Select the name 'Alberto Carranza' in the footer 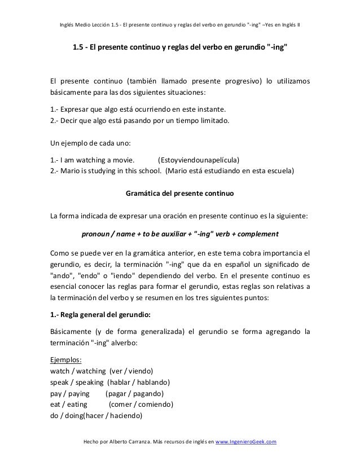click(122, 442)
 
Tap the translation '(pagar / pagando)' click(135, 393)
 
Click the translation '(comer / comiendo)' click(141, 405)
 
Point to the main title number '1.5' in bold click(80, 48)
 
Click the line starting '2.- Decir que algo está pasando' click(137, 120)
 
